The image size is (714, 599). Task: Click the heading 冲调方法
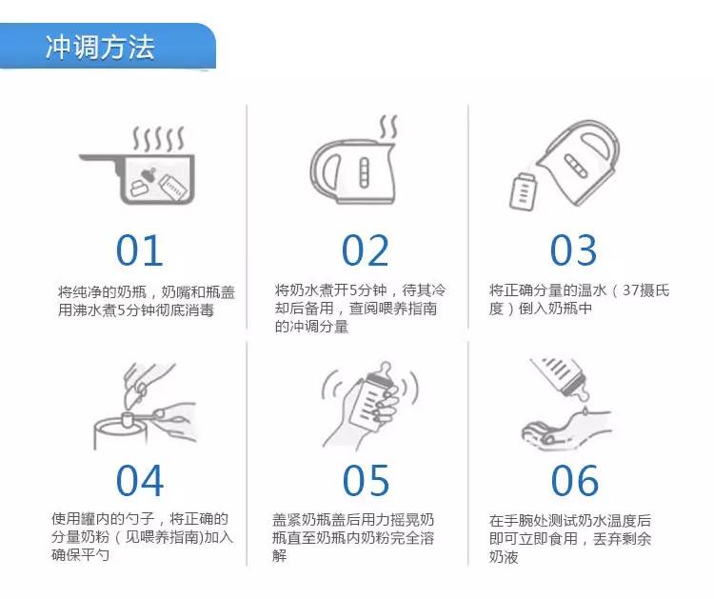coord(100,47)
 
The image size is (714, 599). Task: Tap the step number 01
coord(139,250)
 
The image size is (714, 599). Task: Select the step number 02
coord(366,250)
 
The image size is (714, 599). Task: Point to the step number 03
coord(573,250)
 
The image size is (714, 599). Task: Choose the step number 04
coord(140,481)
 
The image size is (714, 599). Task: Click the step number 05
coord(366,481)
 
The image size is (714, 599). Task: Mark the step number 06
coord(575,481)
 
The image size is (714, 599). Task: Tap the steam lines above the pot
coord(158,139)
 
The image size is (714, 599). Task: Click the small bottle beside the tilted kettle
coord(523,191)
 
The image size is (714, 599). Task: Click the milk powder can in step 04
coord(120,432)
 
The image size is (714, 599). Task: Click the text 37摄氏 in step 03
coord(645,290)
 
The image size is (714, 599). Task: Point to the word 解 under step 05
coord(279,556)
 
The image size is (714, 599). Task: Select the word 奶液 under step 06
coord(504,557)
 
